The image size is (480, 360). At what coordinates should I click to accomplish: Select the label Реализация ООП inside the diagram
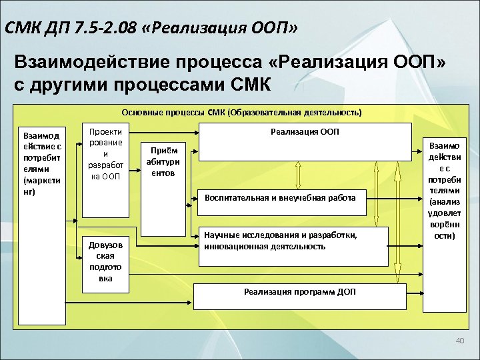tap(305, 132)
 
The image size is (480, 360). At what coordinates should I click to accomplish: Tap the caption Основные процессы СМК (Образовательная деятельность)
tap(242, 112)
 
